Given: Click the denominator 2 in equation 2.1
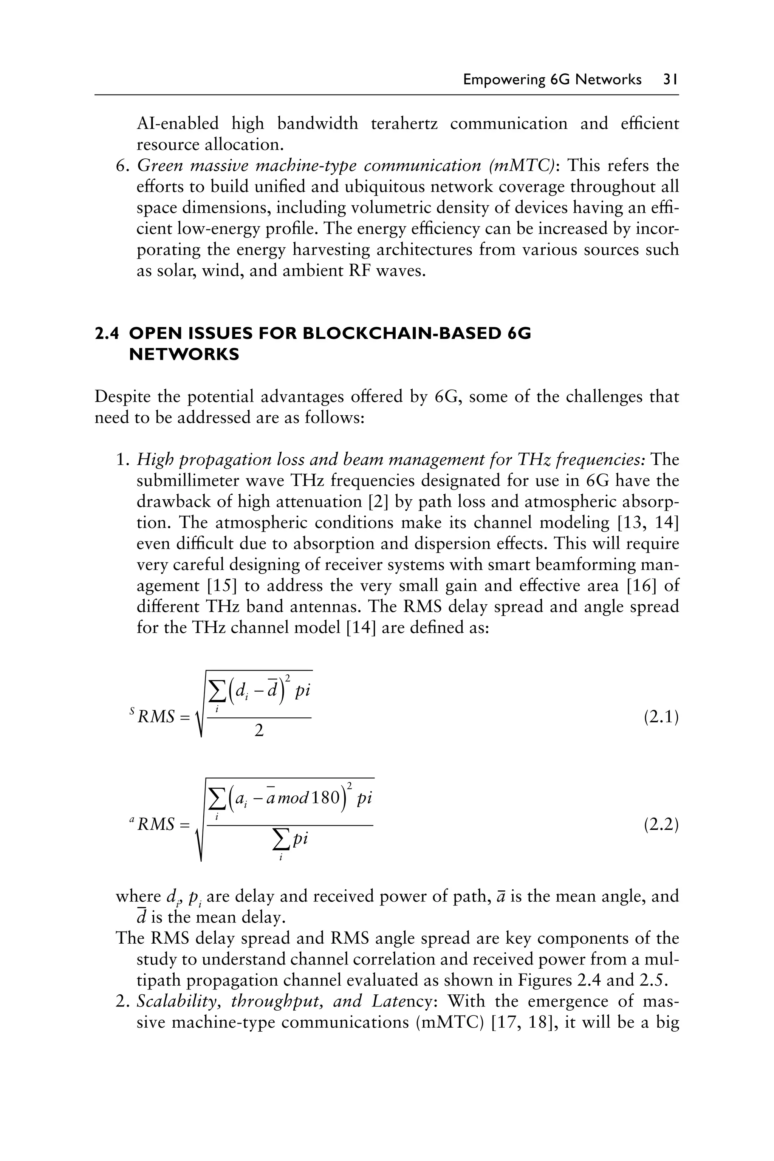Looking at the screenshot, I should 259,731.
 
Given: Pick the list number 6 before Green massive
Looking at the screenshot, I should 121,166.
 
